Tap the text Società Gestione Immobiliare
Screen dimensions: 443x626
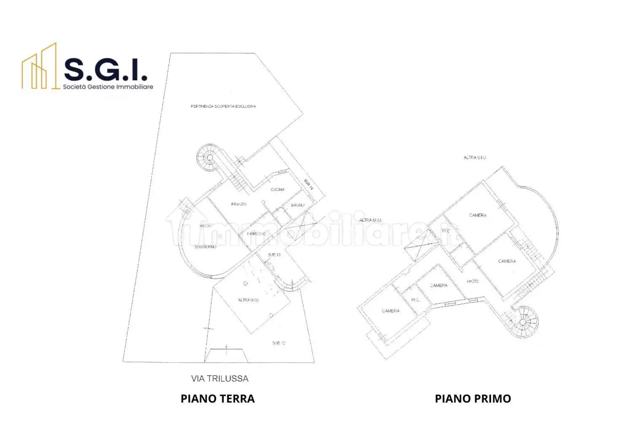click(108, 87)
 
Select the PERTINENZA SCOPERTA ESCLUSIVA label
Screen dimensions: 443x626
click(223, 106)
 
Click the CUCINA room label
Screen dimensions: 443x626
click(277, 189)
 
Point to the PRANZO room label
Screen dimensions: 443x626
click(239, 204)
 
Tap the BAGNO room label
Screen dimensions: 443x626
click(298, 205)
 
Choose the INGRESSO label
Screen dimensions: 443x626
click(256, 234)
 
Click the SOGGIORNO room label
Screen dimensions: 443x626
click(205, 247)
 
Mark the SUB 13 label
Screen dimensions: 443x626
click(274, 255)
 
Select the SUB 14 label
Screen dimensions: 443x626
click(309, 185)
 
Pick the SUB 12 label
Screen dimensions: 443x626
click(279, 343)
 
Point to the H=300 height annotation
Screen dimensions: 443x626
click(205, 226)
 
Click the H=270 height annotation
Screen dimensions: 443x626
click(473, 281)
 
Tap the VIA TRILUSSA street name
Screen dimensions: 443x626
click(220, 378)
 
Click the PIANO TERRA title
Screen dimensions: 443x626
click(218, 399)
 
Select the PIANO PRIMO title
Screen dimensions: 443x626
click(473, 399)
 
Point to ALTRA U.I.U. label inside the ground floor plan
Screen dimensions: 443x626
click(248, 300)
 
